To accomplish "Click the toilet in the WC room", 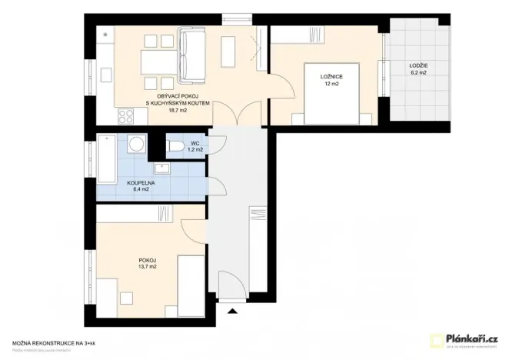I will (x=175, y=146).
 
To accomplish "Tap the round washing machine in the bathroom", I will (x=136, y=145).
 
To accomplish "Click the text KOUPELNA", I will (x=141, y=183).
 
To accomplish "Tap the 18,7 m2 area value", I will (x=178, y=110).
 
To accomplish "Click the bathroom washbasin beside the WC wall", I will (x=161, y=168).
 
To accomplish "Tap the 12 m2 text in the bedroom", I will (x=331, y=83).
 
